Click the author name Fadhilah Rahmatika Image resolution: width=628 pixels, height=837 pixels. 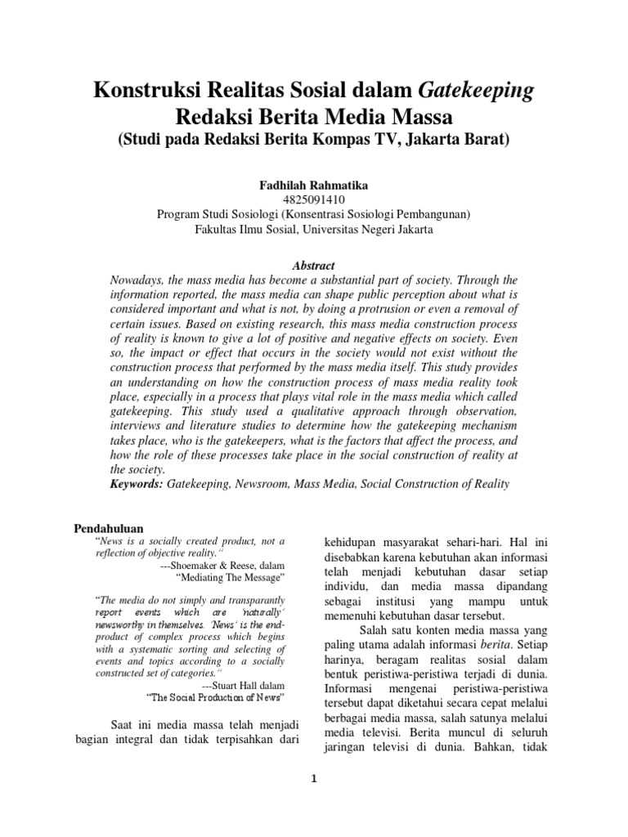click(x=314, y=186)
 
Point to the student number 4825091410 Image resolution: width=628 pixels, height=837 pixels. click(x=314, y=200)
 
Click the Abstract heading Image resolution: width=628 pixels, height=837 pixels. click(x=314, y=266)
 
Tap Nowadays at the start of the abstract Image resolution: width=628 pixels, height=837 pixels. click(x=139, y=280)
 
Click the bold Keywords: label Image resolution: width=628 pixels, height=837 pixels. click(x=137, y=484)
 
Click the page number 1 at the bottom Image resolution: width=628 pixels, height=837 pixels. click(x=314, y=779)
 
